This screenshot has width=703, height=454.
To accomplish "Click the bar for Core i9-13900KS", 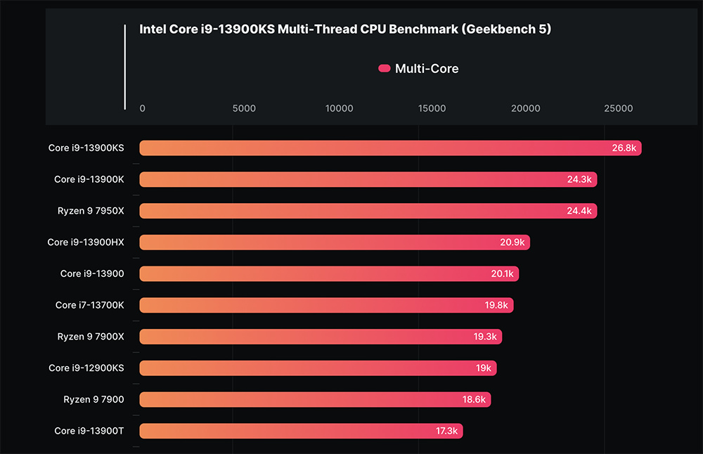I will click(390, 148).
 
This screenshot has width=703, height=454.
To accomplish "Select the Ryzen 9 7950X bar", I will click(368, 211).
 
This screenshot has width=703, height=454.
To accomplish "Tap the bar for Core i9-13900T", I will click(301, 431).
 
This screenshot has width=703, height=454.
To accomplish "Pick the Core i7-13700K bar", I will click(326, 305).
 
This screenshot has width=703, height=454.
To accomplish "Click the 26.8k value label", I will click(624, 148).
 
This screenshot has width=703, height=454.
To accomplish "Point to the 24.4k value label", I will click(581, 211).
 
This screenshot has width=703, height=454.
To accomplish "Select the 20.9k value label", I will click(512, 242).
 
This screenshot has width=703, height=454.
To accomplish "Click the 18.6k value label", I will click(474, 399).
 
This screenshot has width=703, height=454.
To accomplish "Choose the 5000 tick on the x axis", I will click(244, 108).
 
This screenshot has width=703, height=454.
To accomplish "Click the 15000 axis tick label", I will click(432, 108).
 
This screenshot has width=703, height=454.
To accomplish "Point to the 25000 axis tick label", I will click(618, 108).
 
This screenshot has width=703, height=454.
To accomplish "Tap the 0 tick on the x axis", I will click(143, 108).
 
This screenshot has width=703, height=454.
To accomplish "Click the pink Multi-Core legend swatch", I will click(384, 68).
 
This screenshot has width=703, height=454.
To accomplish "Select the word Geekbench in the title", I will click(505, 30).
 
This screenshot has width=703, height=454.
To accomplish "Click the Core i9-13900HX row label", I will click(86, 242).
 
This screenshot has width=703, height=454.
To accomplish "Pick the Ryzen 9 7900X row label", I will click(91, 337).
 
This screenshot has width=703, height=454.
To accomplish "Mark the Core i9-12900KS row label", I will click(86, 368).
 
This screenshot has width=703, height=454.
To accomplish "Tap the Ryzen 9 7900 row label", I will click(93, 399).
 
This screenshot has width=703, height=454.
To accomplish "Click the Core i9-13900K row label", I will click(89, 179).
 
